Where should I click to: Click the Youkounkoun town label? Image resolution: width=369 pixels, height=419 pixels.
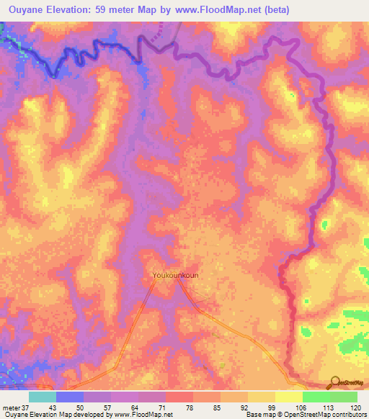tap(177, 275)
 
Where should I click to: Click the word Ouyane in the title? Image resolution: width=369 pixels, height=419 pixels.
tap(25, 9)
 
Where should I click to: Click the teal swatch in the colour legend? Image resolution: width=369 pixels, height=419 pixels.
tap(42, 397)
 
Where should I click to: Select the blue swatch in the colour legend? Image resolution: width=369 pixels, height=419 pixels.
tap(69, 397)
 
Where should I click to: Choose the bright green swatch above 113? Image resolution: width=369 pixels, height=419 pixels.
tap(316, 397)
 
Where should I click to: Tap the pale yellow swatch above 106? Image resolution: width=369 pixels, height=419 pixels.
tap(288, 397)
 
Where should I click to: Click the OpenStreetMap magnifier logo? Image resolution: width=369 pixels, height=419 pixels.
tap(335, 382)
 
